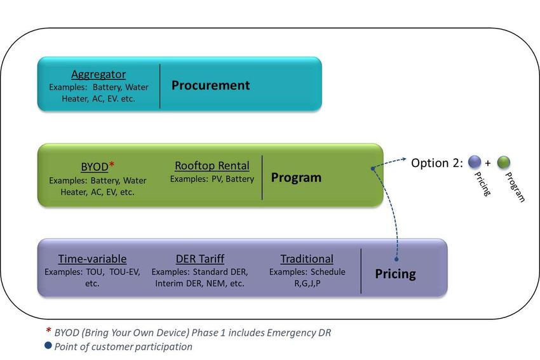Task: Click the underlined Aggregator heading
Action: [98, 74]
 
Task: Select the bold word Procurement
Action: [211, 85]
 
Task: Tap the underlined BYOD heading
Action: [95, 166]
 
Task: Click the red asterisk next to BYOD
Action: [112, 164]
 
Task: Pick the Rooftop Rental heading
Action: [212, 166]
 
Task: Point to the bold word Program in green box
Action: [296, 178]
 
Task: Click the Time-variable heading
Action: [92, 259]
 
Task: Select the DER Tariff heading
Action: [200, 259]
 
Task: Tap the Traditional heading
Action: [307, 259]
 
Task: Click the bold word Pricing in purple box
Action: [395, 274]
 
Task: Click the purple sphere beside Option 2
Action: [475, 162]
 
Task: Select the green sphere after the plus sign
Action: [504, 162]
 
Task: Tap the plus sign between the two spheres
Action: [488, 163]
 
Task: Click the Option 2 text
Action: [437, 163]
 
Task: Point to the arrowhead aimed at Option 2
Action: [404, 159]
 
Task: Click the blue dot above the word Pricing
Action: [396, 259]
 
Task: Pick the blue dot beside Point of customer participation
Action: [48, 345]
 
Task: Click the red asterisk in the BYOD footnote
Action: [48, 330]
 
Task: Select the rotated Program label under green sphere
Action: [515, 187]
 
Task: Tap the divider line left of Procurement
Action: [160, 86]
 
